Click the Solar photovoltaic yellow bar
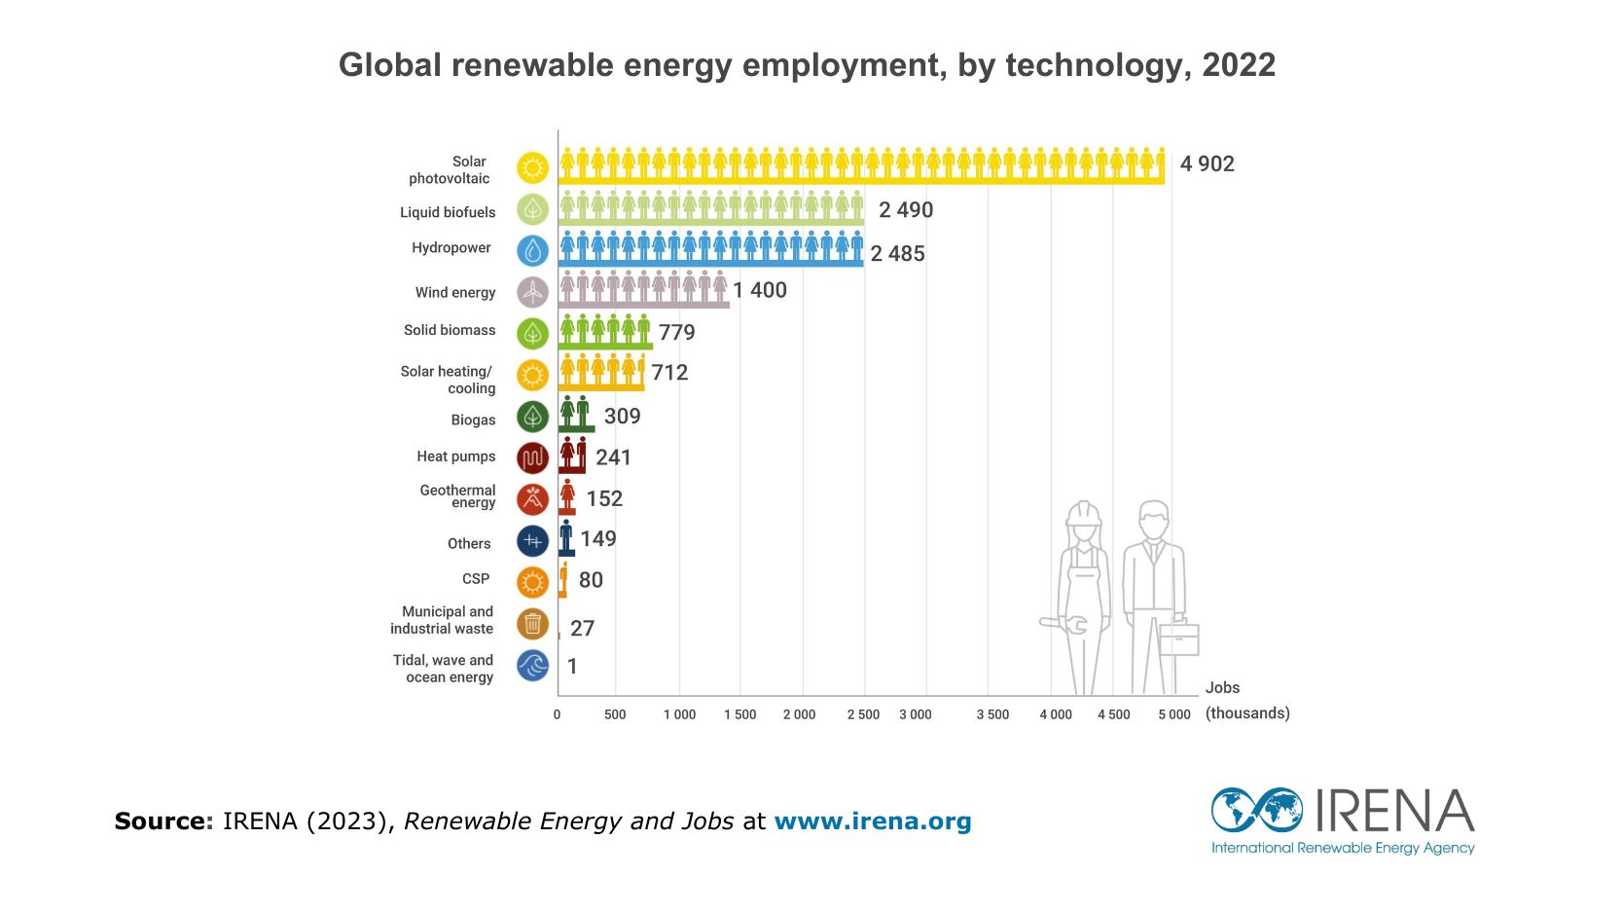click(861, 165)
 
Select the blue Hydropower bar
click(710, 249)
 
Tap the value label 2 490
click(906, 210)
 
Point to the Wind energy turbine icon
click(532, 292)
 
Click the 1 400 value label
click(760, 290)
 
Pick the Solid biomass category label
click(450, 330)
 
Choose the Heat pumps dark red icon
click(532, 457)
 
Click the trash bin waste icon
click(532, 624)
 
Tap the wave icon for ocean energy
click(532, 666)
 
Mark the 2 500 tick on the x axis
click(863, 715)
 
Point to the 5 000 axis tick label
click(1173, 715)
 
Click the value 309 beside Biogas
click(622, 417)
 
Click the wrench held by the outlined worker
click(1063, 625)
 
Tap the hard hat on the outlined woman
click(1083, 513)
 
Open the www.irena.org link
click(873, 821)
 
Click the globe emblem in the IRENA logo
click(1256, 810)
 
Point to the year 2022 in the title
click(1239, 65)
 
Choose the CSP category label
click(476, 579)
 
